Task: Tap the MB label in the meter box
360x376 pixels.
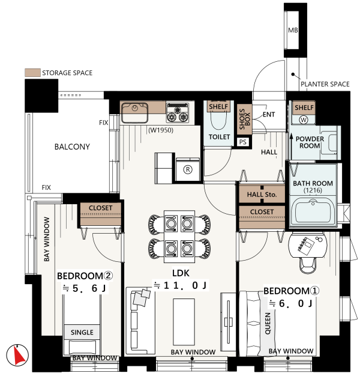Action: [x=293, y=30]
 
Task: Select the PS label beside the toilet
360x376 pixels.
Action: [x=242, y=142]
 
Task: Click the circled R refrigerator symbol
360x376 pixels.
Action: [x=188, y=169]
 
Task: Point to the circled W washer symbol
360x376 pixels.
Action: [x=304, y=120]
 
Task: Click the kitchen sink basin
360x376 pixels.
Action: [x=134, y=112]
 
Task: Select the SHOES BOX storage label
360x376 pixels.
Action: [x=244, y=119]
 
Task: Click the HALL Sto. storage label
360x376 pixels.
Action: [x=262, y=195]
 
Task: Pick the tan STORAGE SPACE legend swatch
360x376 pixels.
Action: [x=32, y=73]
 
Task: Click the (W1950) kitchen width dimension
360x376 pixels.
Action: [x=161, y=130]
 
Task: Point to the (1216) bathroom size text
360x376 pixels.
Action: [x=313, y=190]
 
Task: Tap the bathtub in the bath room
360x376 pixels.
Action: [x=313, y=211]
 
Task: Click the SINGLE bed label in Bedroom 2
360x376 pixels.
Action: [x=82, y=332]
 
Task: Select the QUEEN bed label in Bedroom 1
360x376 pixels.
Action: [x=268, y=323]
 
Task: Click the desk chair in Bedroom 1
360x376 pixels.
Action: [x=308, y=265]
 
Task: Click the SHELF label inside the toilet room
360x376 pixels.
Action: [x=218, y=106]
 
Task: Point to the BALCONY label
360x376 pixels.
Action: [x=72, y=147]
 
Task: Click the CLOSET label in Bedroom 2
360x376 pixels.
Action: [x=100, y=208]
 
